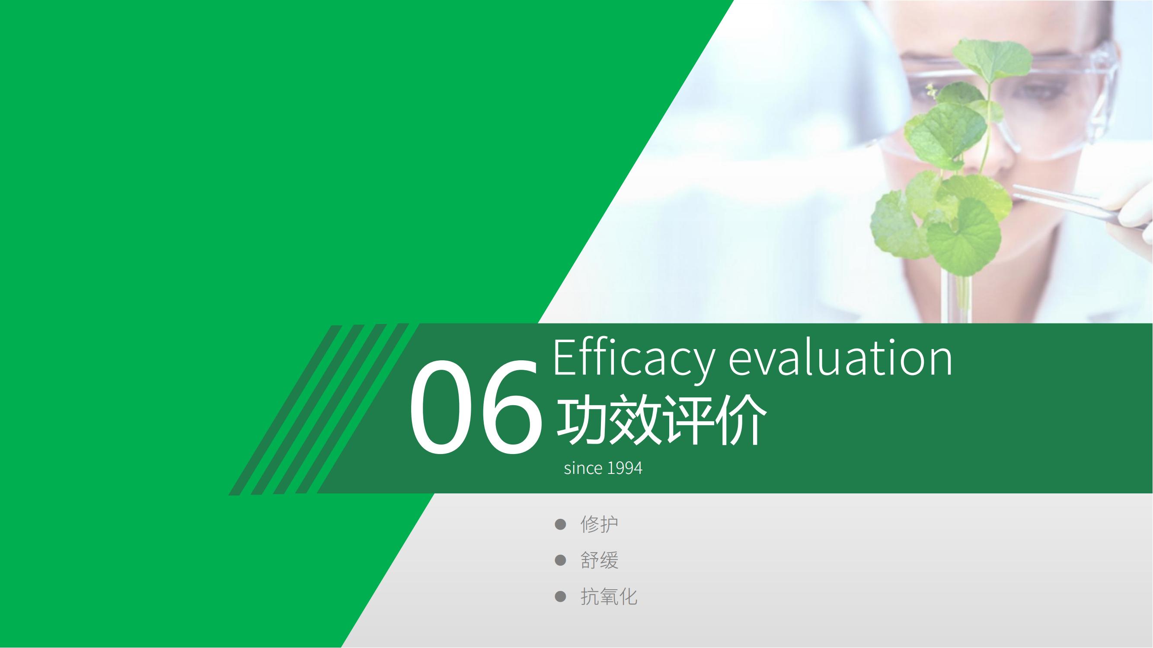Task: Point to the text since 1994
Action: click(x=603, y=468)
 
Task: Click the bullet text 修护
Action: click(x=599, y=524)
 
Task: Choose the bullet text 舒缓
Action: click(x=599, y=560)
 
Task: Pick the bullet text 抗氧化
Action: click(x=609, y=597)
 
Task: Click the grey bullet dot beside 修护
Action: click(x=560, y=524)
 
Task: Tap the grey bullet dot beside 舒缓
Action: click(x=560, y=560)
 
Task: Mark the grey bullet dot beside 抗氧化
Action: click(x=560, y=597)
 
